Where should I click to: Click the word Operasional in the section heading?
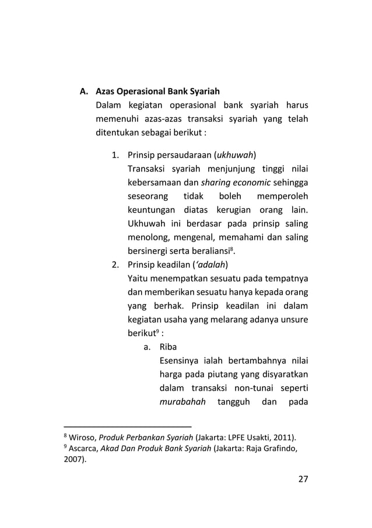pyautogui.click(x=140, y=92)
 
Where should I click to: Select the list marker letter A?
pyautogui.click(x=84, y=92)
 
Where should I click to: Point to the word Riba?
pyautogui.click(x=169, y=351)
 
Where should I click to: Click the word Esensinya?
pyautogui.click(x=180, y=365)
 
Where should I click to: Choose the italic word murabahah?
pyautogui.click(x=180, y=407)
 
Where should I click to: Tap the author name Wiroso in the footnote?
pyautogui.click(x=81, y=438)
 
